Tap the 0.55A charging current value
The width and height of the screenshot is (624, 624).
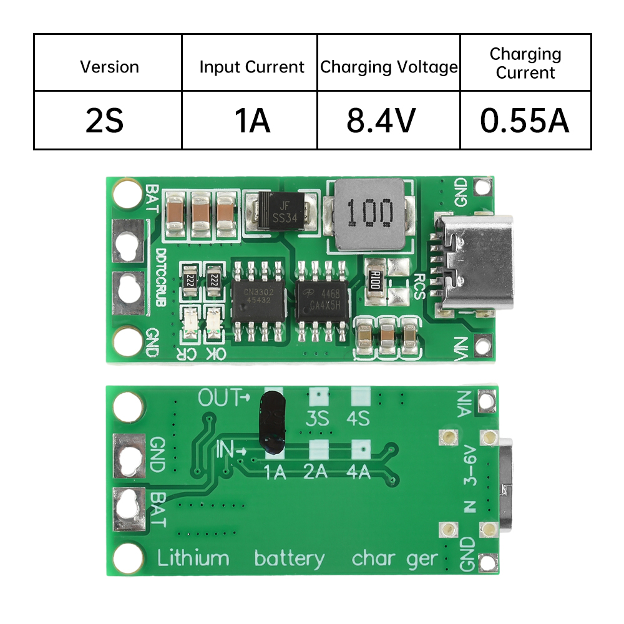[525, 120]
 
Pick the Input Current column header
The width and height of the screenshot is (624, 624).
[251, 67]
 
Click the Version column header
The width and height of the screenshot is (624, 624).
[109, 67]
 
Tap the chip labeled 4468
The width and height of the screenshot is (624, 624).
[322, 300]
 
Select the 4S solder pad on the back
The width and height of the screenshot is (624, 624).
[359, 396]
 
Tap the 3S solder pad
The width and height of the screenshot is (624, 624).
[318, 396]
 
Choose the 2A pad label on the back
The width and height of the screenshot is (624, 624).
[316, 472]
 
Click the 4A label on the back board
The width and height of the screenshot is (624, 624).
[358, 472]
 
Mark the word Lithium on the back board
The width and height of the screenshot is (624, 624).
[193, 557]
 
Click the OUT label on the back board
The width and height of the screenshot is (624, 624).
[219, 397]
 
